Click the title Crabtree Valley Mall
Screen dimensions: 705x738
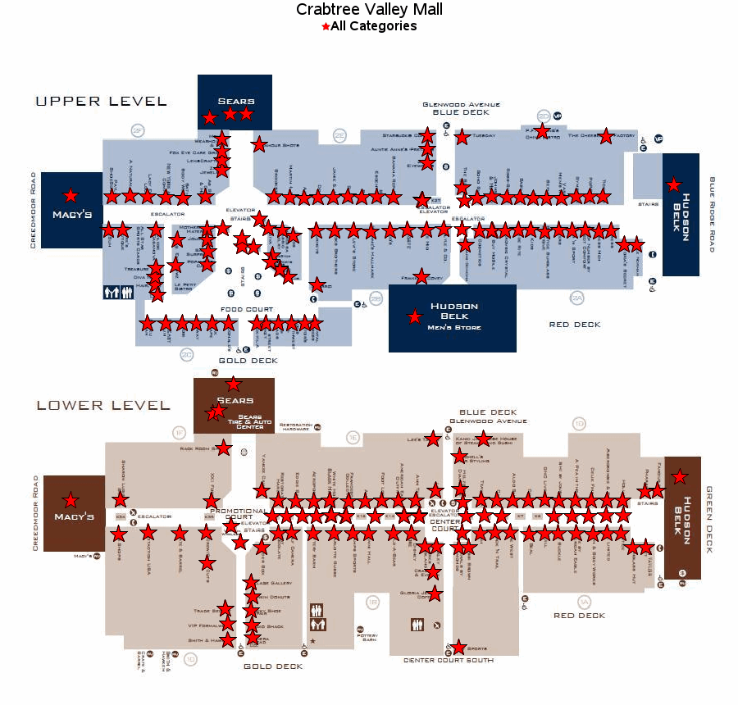(369, 10)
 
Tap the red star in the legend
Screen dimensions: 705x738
(326, 27)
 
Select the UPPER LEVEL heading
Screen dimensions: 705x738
(101, 102)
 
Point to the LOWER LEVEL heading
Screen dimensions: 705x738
(103, 405)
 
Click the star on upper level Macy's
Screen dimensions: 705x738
(71, 195)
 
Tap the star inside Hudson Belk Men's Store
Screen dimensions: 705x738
(415, 316)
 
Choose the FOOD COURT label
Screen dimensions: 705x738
(247, 309)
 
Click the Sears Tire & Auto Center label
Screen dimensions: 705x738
(249, 421)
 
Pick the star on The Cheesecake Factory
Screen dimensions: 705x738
(606, 136)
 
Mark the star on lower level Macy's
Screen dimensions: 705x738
(71, 499)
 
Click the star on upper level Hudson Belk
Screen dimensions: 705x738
(674, 184)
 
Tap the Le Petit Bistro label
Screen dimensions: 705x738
(183, 287)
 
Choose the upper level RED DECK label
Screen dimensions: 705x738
(575, 325)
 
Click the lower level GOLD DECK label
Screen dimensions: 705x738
(273, 666)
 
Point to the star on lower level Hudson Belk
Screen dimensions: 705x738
(680, 476)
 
